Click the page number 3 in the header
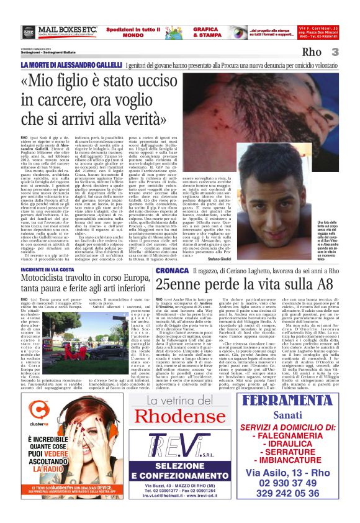pos(351,52)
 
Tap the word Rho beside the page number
pos(329,53)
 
